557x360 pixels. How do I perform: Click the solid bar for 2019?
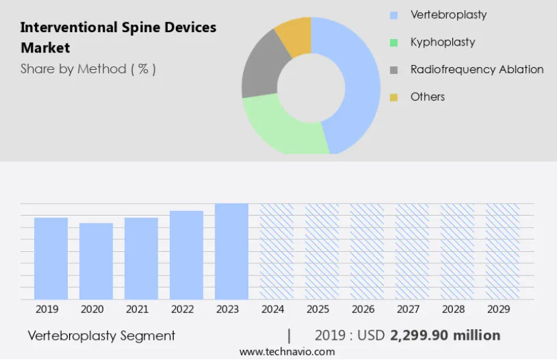pyautogui.click(x=51, y=259)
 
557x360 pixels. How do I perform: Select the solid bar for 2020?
pyautogui.click(x=96, y=261)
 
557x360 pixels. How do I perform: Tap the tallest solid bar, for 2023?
pyautogui.click(x=232, y=252)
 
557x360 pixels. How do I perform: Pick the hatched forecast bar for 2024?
pyautogui.click(x=276, y=252)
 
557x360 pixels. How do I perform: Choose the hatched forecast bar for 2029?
pyautogui.click(x=503, y=252)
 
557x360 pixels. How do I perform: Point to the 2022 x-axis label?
pyautogui.click(x=183, y=309)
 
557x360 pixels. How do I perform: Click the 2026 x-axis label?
pyautogui.click(x=363, y=309)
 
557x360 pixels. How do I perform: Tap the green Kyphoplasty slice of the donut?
pyautogui.click(x=284, y=128)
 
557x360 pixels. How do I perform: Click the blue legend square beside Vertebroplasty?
pyautogui.click(x=394, y=15)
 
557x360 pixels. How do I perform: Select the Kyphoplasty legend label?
pyautogui.click(x=443, y=42)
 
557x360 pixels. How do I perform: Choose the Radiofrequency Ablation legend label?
pyautogui.click(x=477, y=69)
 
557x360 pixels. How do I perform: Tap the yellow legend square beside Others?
pyautogui.click(x=394, y=97)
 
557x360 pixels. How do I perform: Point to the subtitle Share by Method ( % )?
pyautogui.click(x=88, y=69)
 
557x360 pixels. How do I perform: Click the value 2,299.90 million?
pyautogui.click(x=445, y=335)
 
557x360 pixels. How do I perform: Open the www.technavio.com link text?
pyautogui.click(x=287, y=352)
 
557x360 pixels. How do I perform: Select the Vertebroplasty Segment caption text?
pyautogui.click(x=101, y=335)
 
